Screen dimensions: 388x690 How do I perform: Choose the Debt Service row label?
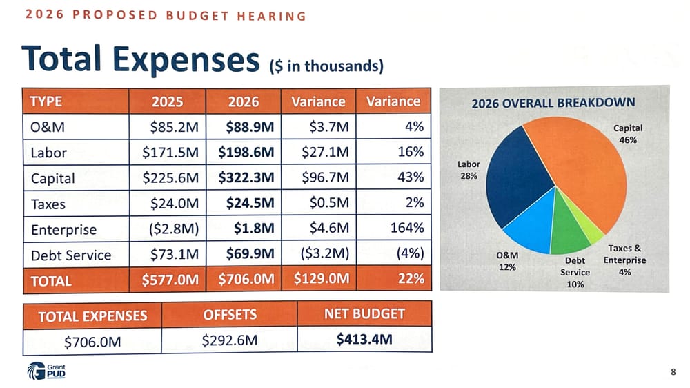pyautogui.click(x=70, y=255)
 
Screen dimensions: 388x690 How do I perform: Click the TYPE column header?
pyautogui.click(x=46, y=101)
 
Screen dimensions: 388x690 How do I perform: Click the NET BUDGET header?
pyautogui.click(x=364, y=314)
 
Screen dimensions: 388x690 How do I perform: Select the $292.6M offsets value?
pyautogui.click(x=230, y=340)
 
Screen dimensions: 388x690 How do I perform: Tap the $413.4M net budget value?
pyautogui.click(x=364, y=340)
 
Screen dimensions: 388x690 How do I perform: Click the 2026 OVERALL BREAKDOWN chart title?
pyautogui.click(x=553, y=103)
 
